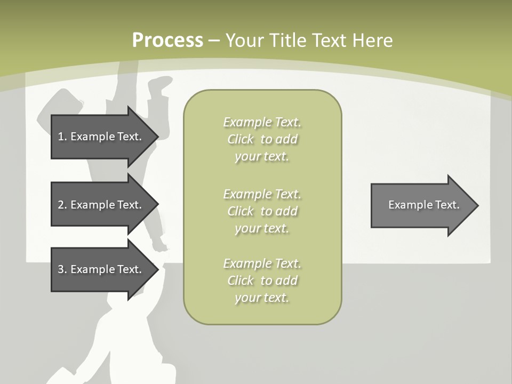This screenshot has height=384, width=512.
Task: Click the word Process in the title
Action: (x=167, y=41)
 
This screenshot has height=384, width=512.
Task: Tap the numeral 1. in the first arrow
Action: (x=62, y=137)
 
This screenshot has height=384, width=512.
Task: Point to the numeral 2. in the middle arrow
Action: (x=62, y=205)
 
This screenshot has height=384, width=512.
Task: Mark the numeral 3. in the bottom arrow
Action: (x=62, y=269)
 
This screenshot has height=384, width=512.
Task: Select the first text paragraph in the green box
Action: (x=262, y=139)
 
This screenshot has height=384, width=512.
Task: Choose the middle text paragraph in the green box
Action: (x=262, y=211)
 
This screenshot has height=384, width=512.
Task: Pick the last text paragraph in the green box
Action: (x=262, y=281)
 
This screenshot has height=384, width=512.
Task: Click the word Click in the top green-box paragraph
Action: (x=241, y=139)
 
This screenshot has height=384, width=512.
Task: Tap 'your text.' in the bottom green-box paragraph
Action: (x=262, y=298)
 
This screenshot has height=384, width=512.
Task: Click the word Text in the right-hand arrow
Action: (x=446, y=205)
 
